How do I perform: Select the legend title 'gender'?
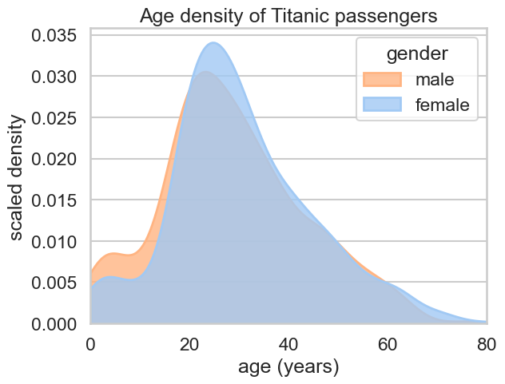(416, 54)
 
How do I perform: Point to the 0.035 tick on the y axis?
(54, 36)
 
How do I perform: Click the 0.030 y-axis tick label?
(54, 77)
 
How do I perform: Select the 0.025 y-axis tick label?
(54, 118)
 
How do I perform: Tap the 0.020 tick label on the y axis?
(54, 160)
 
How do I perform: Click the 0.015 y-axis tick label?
(54, 200)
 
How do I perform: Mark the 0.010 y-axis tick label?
(54, 242)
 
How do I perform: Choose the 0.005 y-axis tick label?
(54, 283)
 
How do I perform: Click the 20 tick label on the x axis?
(189, 344)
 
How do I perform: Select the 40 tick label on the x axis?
(288, 344)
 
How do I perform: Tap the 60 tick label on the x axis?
(388, 344)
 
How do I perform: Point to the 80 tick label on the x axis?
(485, 344)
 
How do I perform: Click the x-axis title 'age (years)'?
(288, 367)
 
